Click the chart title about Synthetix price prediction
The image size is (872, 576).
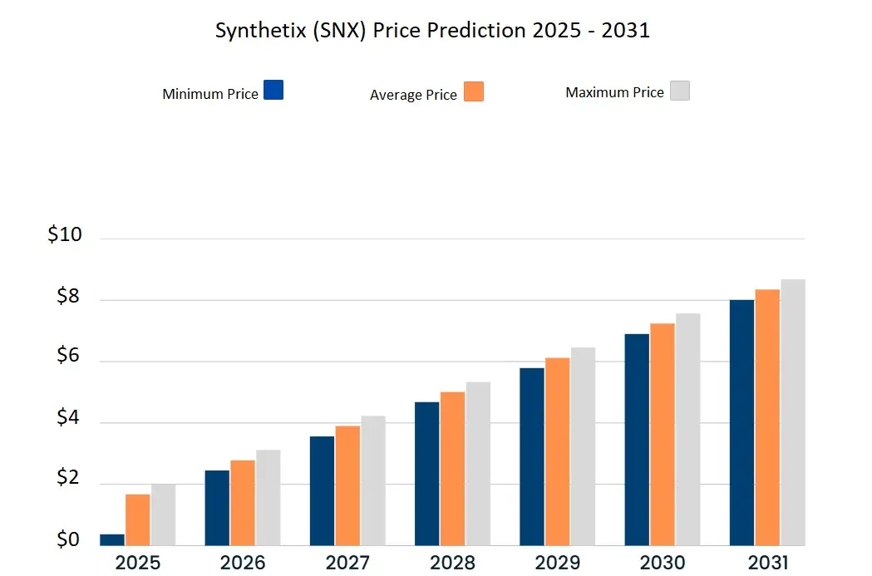tap(432, 31)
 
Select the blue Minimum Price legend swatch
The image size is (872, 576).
tap(273, 90)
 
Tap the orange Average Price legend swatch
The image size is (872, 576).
tap(473, 91)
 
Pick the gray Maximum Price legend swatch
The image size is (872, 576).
tap(680, 91)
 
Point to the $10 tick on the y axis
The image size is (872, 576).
tap(65, 235)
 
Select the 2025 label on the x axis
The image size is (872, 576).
tap(138, 563)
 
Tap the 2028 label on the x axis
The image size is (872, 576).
tap(452, 563)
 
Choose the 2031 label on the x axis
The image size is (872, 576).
tap(766, 563)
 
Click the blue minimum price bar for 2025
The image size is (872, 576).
tap(112, 539)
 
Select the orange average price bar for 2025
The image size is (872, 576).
tap(138, 519)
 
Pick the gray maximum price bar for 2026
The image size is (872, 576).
tap(268, 497)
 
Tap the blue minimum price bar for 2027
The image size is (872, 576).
tap(322, 490)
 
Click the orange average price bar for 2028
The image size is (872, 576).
tap(452, 468)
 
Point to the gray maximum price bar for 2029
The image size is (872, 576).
tap(583, 446)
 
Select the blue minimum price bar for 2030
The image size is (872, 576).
tap(636, 440)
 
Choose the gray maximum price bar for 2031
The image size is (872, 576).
tap(793, 412)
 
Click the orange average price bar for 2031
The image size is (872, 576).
tap(767, 417)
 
